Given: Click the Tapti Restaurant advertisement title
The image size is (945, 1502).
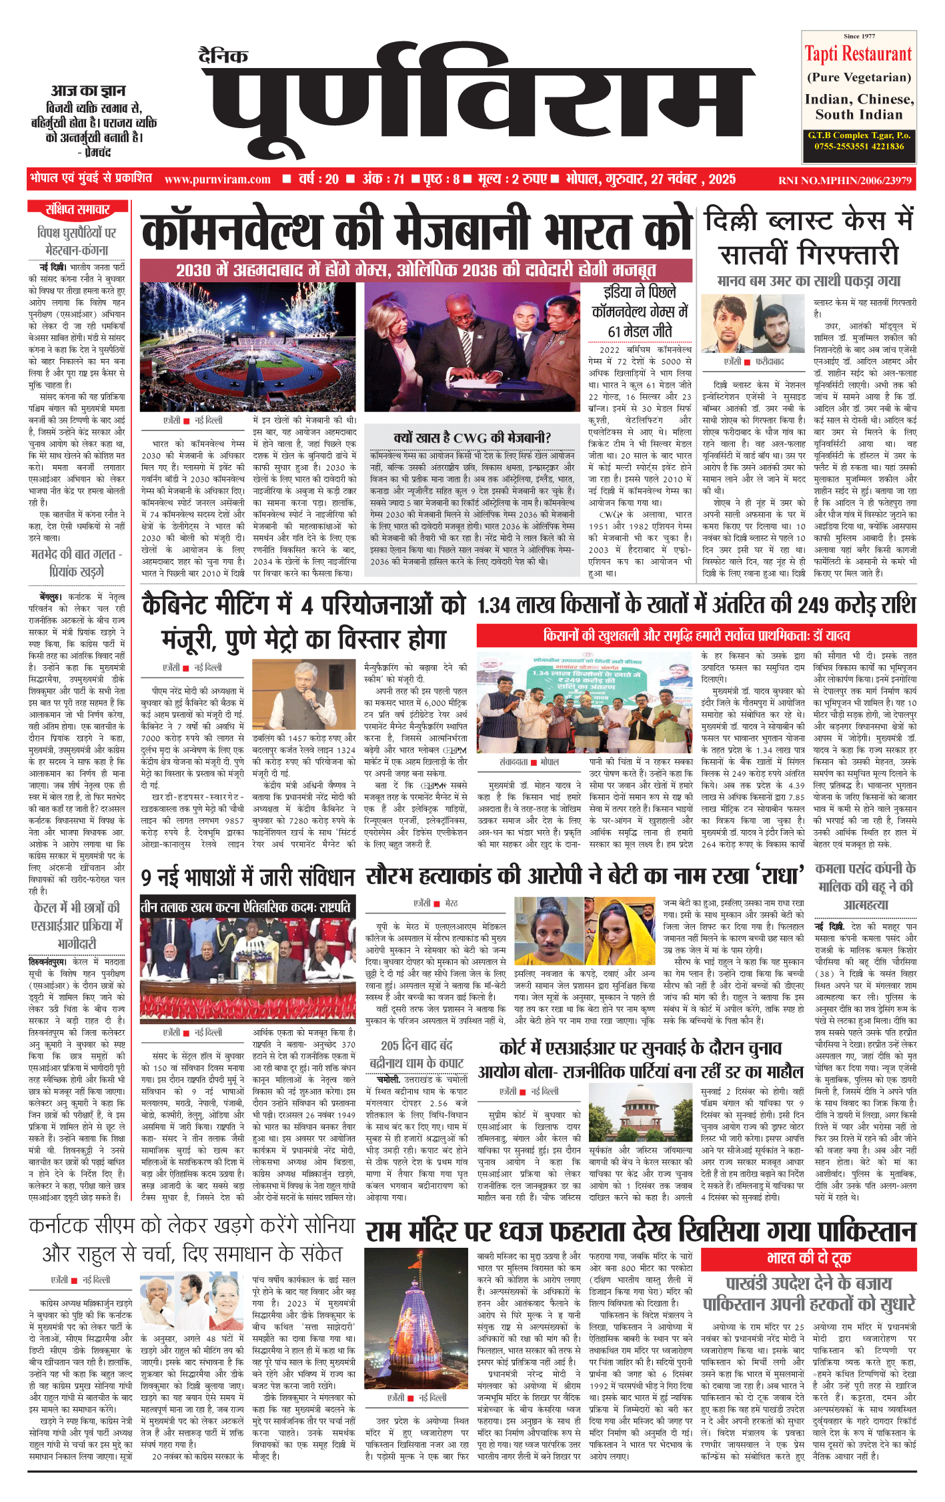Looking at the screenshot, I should (858, 53).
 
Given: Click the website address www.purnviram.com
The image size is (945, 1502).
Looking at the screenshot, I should (217, 179).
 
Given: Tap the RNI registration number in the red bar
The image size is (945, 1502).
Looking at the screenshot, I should (844, 180).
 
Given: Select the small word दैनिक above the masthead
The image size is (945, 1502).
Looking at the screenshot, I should (223, 56).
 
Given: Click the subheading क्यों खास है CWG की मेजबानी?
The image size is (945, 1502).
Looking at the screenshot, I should (472, 438).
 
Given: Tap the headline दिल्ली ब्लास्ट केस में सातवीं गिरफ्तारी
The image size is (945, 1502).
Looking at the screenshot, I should (809, 238).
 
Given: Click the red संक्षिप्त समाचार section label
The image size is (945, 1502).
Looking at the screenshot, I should (77, 210).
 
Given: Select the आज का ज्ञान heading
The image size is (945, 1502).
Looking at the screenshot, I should (88, 91).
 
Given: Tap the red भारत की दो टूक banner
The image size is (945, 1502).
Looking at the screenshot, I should (808, 1258).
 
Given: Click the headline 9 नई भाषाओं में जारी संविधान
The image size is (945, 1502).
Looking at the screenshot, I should (248, 878).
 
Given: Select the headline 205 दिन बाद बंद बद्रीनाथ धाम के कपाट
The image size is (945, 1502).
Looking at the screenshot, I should (417, 1054).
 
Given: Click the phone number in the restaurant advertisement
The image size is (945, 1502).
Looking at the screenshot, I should (859, 146).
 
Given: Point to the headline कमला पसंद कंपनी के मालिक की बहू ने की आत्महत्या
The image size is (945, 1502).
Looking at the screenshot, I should (866, 886).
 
